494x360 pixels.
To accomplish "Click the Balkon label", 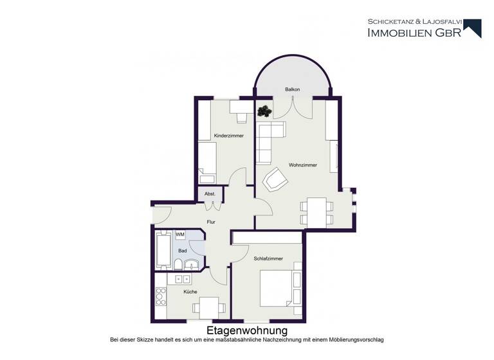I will coord(293,89).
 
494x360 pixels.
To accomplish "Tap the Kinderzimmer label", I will coord(228,136).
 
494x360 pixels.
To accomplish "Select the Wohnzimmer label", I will coord(302,165).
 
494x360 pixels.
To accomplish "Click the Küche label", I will coord(190,291).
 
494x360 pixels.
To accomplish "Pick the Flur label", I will coord(210,222).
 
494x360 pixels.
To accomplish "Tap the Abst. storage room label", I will coord(210,194).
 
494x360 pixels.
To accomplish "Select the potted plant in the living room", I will coord(264,111).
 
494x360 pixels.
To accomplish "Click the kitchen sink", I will coord(178,279).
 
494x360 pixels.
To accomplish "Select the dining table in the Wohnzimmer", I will coord(317,212).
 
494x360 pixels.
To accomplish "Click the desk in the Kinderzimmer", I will coord(242,107).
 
